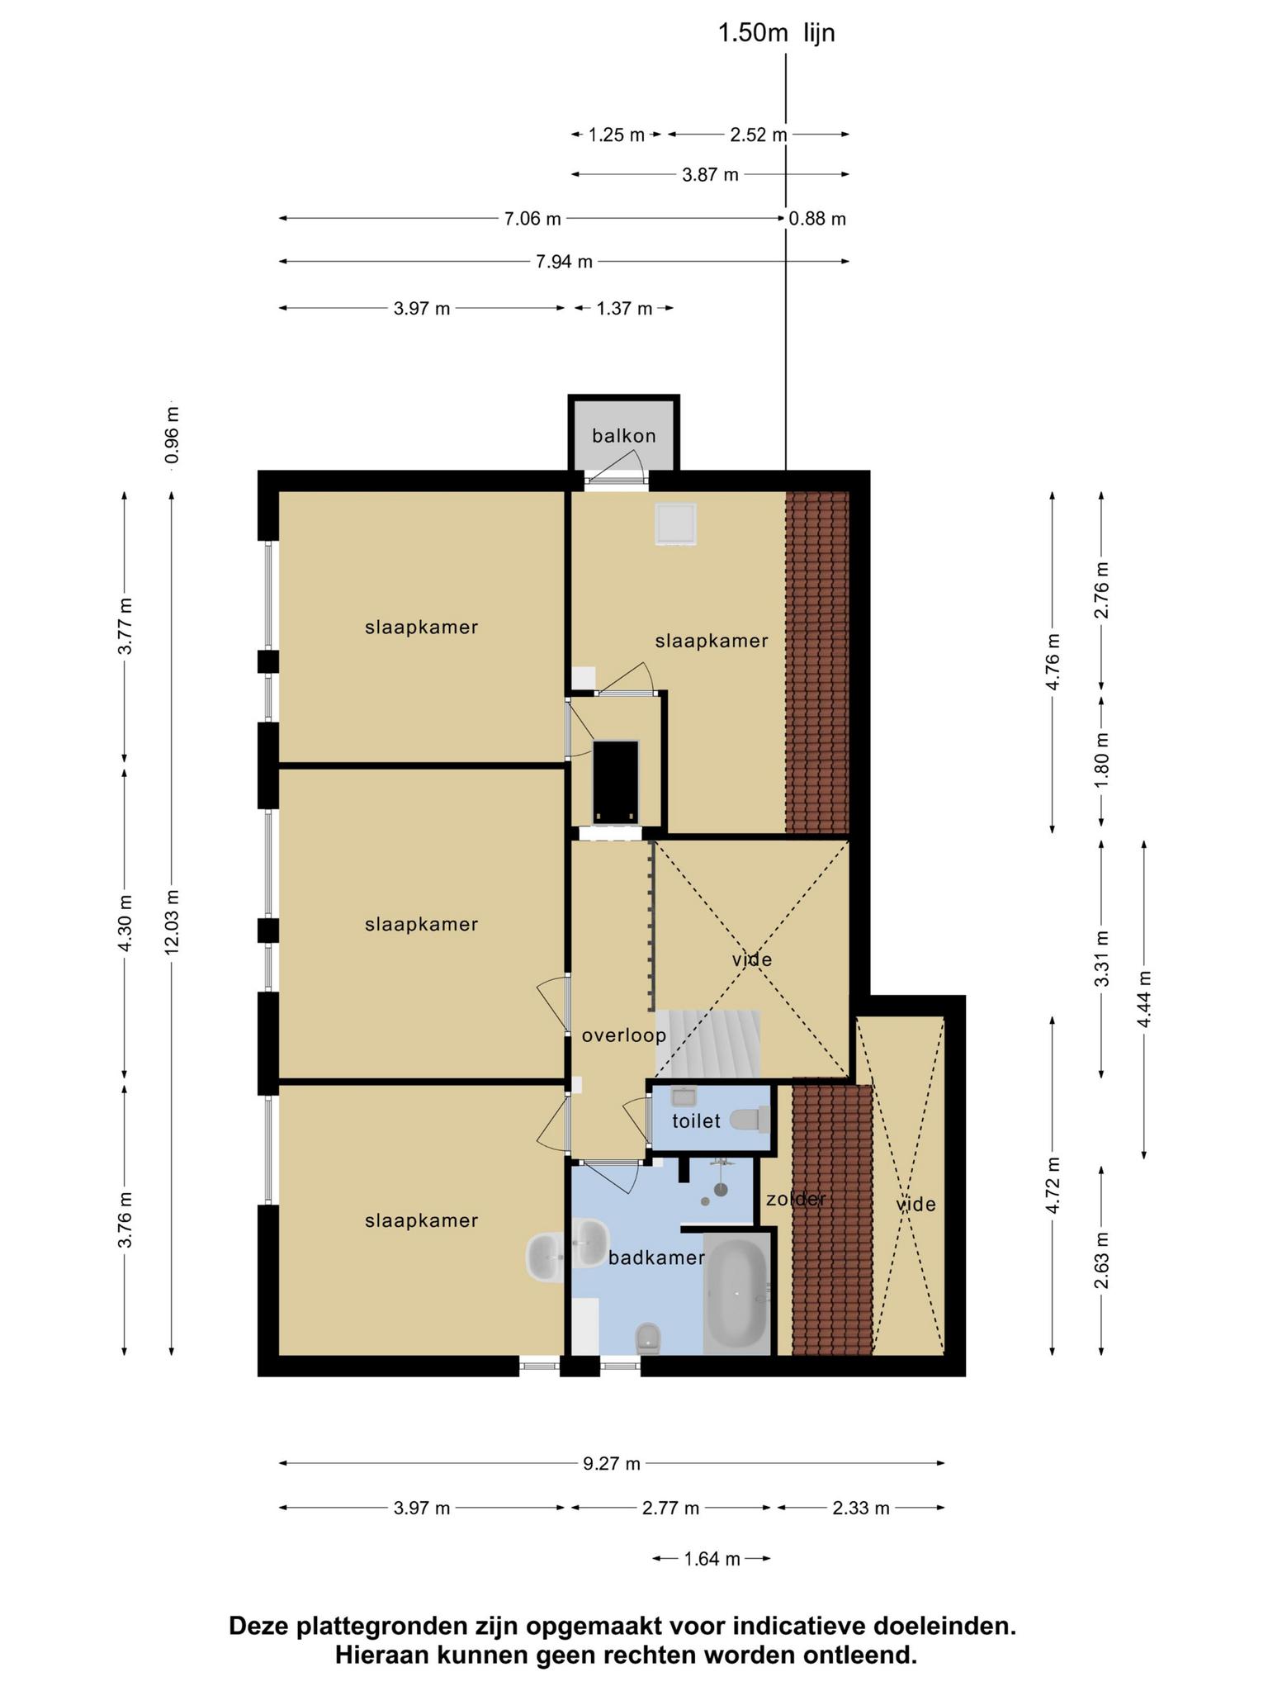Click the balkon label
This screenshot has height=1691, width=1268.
[x=623, y=436]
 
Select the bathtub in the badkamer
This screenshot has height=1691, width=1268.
[x=737, y=1294]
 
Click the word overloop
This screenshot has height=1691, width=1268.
[x=623, y=1035]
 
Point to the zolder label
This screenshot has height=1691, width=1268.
[x=796, y=1200]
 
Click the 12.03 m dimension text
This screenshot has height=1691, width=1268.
[x=172, y=921]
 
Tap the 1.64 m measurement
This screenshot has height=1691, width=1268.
[x=712, y=1559]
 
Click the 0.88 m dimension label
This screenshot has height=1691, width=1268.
[x=817, y=219]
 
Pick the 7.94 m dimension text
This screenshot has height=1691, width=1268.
[x=564, y=263]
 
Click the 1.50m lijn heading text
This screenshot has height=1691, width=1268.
[x=776, y=33]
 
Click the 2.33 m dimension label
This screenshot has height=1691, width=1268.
[x=861, y=1509]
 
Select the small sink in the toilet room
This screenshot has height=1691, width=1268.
[x=684, y=1097]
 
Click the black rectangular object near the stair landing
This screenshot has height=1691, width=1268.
[x=616, y=781]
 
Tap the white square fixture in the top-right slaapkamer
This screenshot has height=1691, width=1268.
[x=675, y=524]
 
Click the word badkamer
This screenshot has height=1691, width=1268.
[x=656, y=1258]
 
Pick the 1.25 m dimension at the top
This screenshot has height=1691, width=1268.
[x=616, y=135]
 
